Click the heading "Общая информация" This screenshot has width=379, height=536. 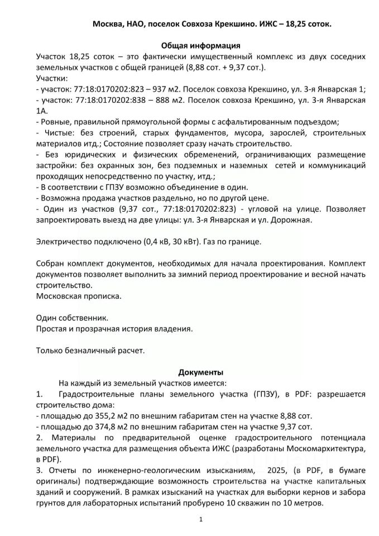pyautogui.click(x=200, y=46)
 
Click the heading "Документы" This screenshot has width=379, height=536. pyautogui.click(x=201, y=372)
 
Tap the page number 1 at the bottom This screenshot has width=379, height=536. pyautogui.click(x=200, y=520)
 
